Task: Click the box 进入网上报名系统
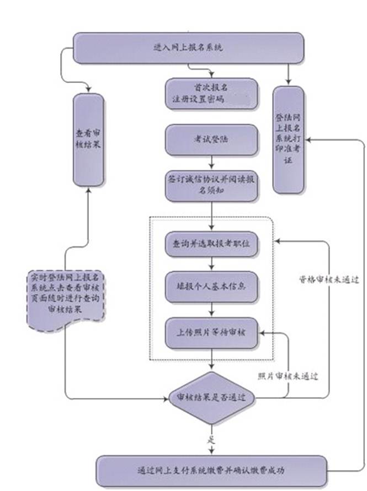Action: [188, 48]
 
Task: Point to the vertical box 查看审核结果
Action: [88, 139]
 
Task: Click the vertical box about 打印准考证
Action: [289, 139]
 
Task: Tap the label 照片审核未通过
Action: [288, 376]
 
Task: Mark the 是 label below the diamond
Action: [210, 440]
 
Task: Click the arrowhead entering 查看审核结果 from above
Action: [88, 89]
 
